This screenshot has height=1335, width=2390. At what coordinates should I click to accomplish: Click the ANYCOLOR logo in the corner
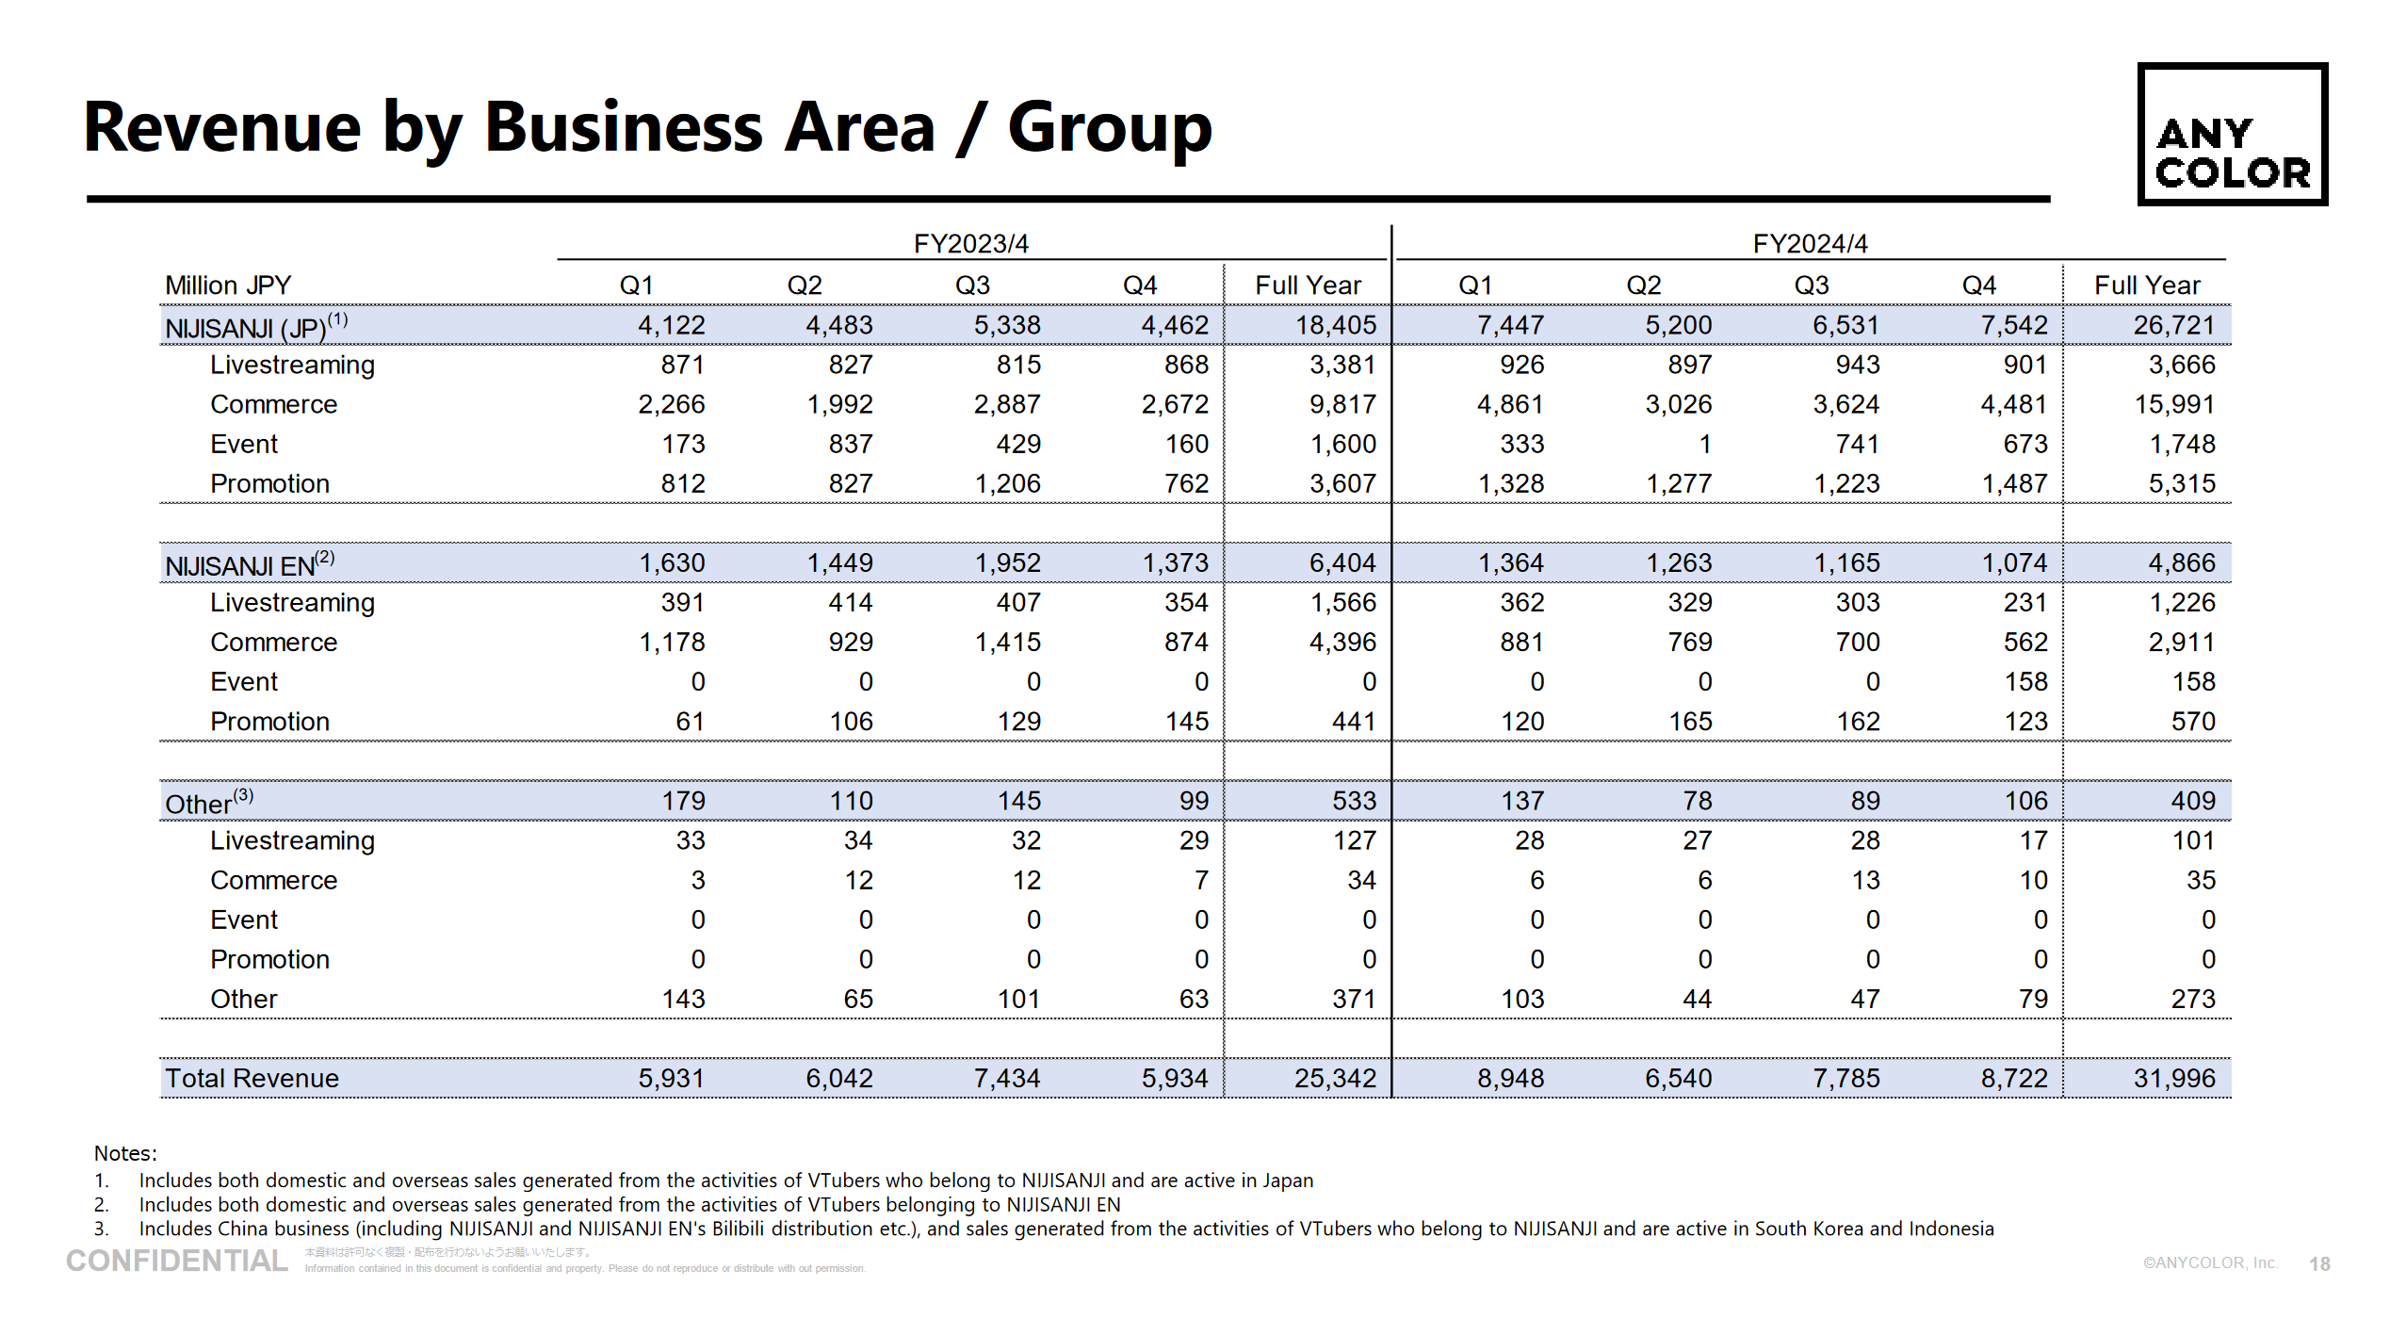coord(2232,135)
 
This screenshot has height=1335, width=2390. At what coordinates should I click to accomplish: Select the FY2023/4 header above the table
coord(970,244)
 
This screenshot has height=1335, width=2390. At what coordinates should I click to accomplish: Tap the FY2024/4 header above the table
coord(1810,244)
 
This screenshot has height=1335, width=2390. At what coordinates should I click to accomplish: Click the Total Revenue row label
coord(252,1079)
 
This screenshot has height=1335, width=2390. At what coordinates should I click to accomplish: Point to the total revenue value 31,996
coord(2173,1079)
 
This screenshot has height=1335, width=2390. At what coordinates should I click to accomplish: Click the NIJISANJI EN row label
coord(239,566)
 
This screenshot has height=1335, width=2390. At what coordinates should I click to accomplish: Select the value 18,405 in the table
coord(1335,326)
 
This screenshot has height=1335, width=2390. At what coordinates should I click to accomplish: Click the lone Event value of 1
coord(1704,445)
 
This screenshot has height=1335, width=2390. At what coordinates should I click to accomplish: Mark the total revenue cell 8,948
coord(1510,1079)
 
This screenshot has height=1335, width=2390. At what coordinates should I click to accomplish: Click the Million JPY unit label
coord(228,285)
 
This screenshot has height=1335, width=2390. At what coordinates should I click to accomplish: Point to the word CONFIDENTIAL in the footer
coord(177,1262)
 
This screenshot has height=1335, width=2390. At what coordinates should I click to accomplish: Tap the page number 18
coord(2319,1264)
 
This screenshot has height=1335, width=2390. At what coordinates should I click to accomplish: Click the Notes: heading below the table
coord(125,1153)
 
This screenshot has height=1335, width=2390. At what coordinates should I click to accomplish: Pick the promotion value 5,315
coord(2181,484)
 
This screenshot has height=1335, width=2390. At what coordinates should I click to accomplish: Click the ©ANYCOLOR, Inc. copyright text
coord(2209,1263)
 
